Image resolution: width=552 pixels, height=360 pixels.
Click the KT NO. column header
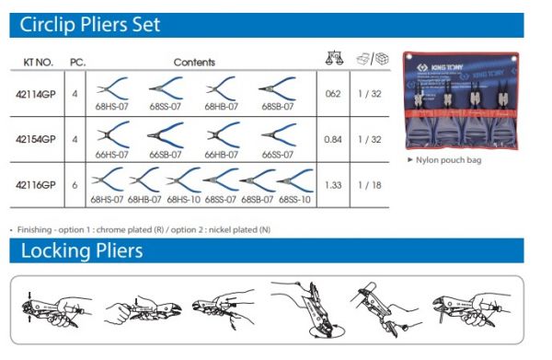pos(38,63)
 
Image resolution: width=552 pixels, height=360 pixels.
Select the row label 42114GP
pos(36,95)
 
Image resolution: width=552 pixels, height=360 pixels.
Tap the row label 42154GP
pos(36,140)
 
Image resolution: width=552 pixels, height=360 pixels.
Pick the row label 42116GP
pos(36,185)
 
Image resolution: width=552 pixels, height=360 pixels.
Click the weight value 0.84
pos(333,140)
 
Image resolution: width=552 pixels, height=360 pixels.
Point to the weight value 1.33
pos(333,185)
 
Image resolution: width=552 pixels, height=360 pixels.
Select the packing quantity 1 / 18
pos(370,185)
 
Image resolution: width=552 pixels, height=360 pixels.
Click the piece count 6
pos(75,185)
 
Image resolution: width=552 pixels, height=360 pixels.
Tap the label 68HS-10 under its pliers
pos(183,200)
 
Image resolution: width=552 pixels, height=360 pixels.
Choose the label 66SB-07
pos(166,155)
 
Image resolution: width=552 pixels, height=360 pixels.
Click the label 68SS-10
pos(294,200)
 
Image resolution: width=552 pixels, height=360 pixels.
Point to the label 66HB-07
pos(222,155)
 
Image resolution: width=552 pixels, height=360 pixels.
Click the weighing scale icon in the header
pos(334,58)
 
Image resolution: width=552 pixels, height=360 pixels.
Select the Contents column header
pos(194,63)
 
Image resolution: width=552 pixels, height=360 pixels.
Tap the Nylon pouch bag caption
pos(449,160)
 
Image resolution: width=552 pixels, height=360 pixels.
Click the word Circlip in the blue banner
pos(47,25)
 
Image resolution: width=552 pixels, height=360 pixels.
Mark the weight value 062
pos(333,94)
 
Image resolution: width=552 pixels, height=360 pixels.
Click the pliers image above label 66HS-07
pos(113,134)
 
